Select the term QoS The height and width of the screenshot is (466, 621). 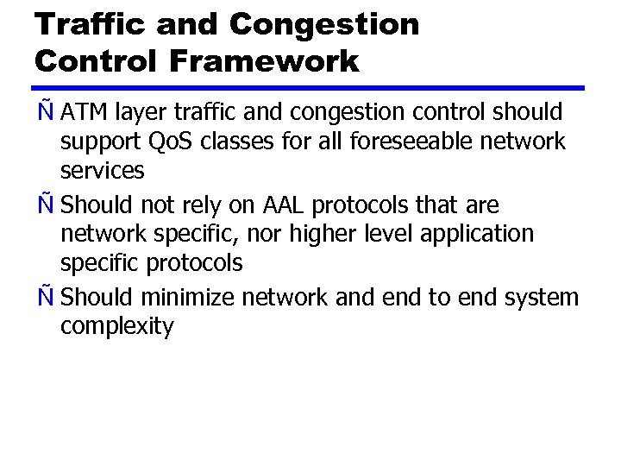(x=171, y=142)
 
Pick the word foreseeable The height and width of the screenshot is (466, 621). (x=384, y=142)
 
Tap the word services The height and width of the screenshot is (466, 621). (x=102, y=171)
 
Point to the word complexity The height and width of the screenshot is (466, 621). (x=116, y=327)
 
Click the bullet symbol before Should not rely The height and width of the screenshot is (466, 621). (x=45, y=205)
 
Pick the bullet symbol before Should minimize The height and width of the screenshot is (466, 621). (x=45, y=298)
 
